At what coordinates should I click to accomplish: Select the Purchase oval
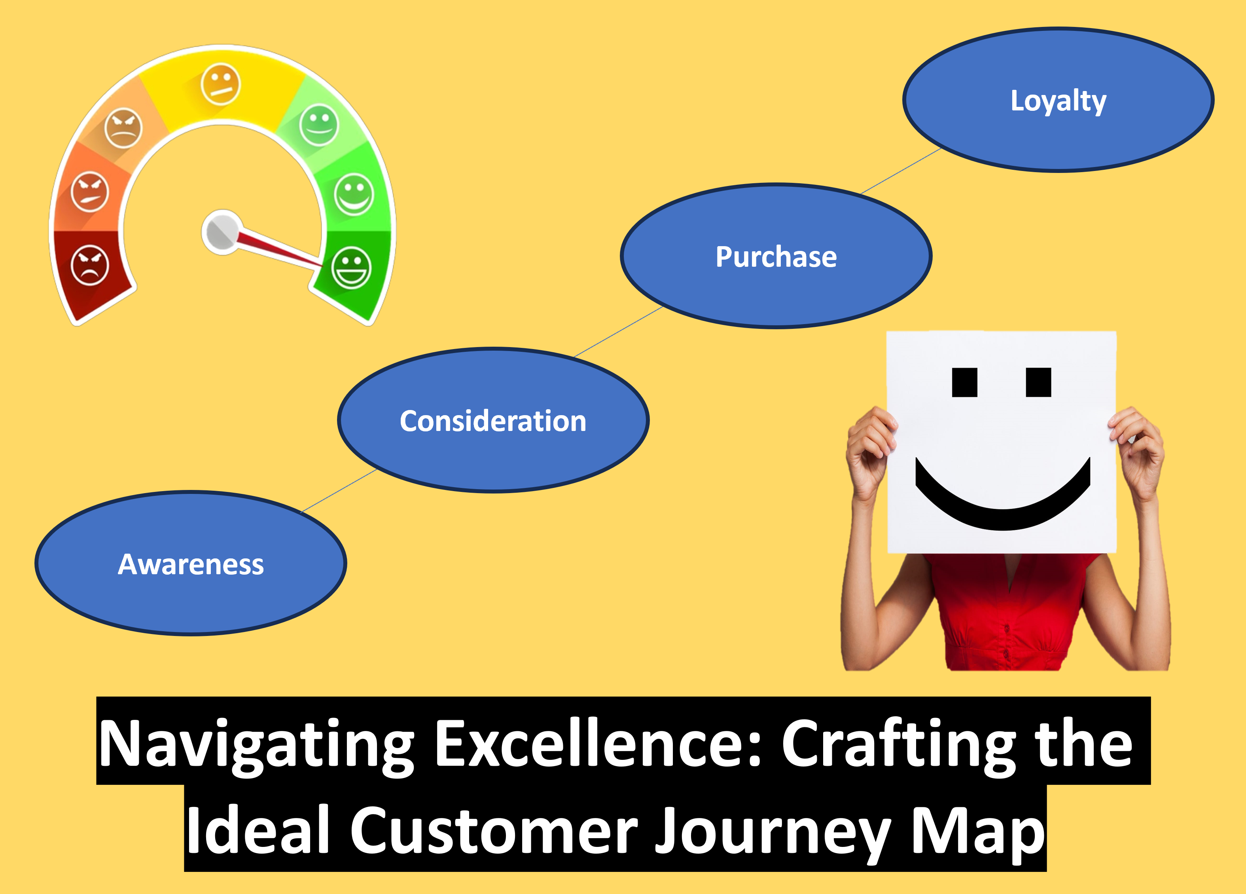click(776, 256)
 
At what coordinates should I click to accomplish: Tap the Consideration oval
click(493, 420)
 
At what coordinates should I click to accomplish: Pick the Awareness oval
click(191, 564)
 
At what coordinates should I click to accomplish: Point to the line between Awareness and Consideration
click(339, 490)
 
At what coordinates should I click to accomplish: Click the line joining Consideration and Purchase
click(618, 332)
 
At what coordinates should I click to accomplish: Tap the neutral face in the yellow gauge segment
click(220, 84)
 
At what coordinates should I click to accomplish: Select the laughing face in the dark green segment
click(352, 268)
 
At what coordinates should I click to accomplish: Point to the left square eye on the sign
click(965, 382)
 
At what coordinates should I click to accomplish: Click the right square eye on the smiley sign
click(1038, 382)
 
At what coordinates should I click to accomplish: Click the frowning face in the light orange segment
click(123, 129)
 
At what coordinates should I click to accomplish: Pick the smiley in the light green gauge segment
click(319, 125)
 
